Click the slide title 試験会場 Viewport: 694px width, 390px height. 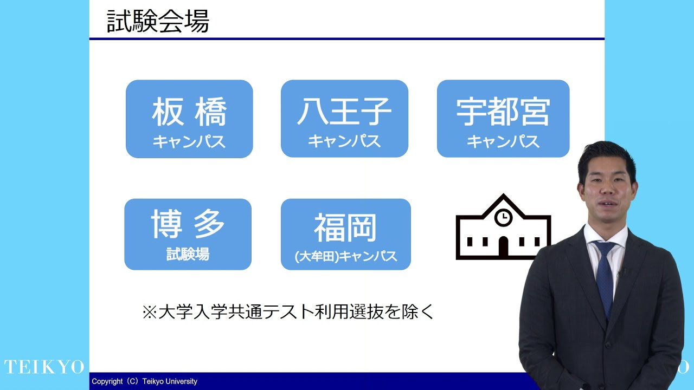158,21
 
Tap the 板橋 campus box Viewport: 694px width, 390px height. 189,119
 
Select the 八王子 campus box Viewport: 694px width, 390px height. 344,119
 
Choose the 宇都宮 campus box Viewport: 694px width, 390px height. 503,119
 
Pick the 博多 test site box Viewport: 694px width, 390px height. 188,235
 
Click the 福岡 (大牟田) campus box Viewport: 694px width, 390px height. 346,235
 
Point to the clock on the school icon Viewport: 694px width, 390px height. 503,217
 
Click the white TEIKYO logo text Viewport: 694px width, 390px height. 44,367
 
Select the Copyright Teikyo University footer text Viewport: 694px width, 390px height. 144,381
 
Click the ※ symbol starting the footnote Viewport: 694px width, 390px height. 150,313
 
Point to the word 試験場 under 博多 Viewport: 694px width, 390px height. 188,254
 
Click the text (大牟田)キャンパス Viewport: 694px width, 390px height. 346,256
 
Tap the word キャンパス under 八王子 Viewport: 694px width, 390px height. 344,141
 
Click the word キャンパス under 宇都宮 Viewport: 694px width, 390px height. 503,141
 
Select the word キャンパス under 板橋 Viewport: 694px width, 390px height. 189,142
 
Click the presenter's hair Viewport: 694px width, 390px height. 606,158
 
